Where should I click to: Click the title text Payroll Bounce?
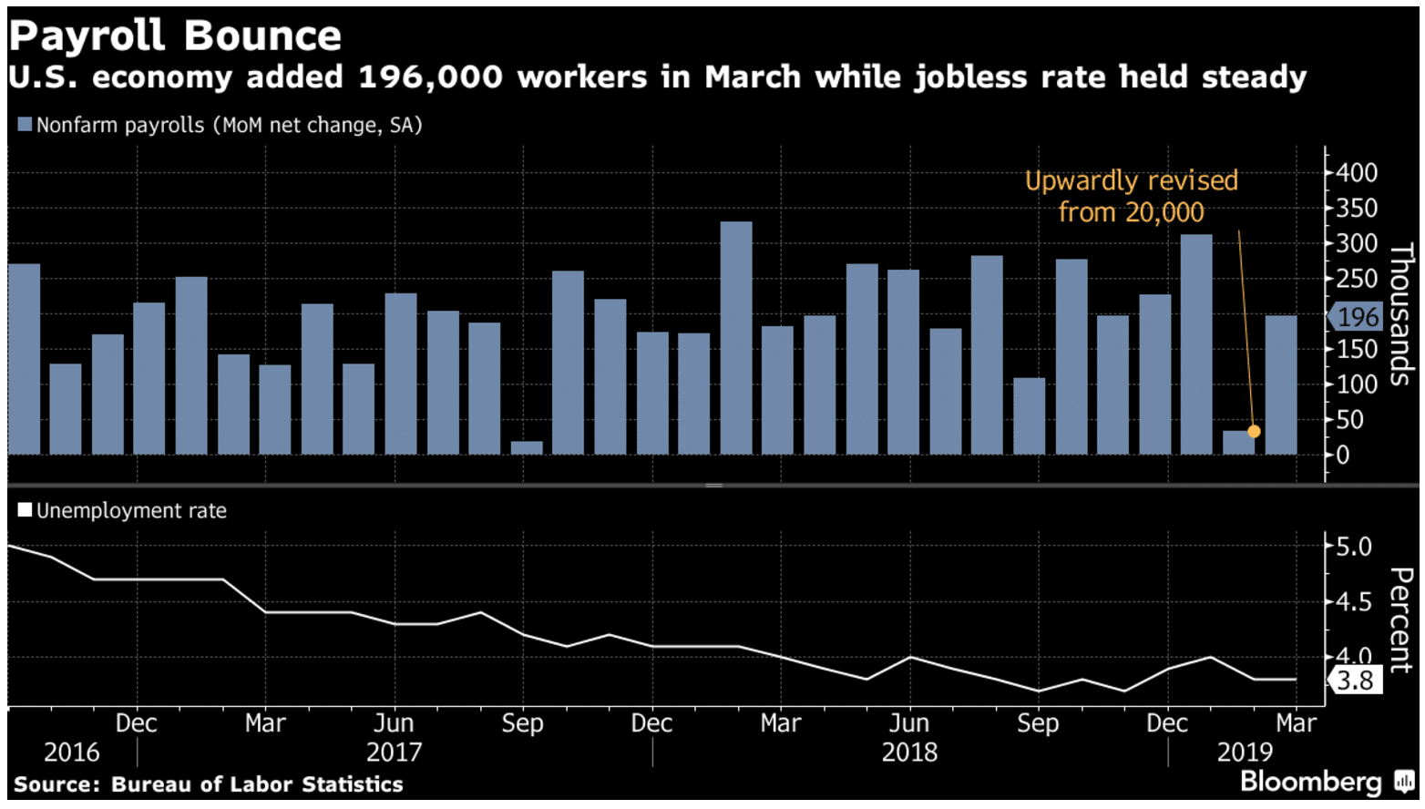[x=175, y=36]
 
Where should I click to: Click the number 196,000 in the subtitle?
[x=430, y=77]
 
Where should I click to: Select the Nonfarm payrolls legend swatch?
[x=25, y=125]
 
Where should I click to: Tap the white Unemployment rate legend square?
[x=25, y=510]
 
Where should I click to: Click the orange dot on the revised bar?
[x=1255, y=431]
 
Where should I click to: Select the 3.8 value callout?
[x=1355, y=681]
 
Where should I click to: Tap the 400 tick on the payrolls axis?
[x=1357, y=172]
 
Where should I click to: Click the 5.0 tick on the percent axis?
[x=1353, y=547]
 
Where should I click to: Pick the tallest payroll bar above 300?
[x=736, y=337]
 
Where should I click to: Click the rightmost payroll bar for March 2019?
[x=1281, y=384]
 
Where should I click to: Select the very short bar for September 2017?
[x=527, y=447]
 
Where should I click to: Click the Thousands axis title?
[x=1400, y=314]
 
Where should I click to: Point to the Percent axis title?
[x=1400, y=620]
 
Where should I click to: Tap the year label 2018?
[x=909, y=752]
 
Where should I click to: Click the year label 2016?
[x=72, y=752]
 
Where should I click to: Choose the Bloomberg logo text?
[x=1311, y=782]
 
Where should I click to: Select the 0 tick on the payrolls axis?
[x=1342, y=455]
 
